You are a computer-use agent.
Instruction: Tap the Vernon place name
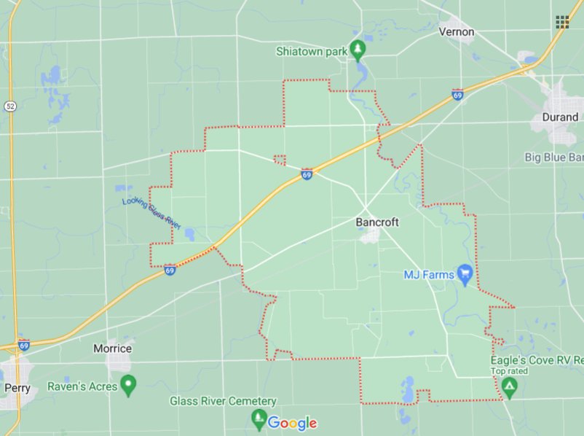click(457, 32)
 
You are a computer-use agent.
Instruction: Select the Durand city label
click(560, 117)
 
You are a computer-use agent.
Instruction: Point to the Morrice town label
click(113, 349)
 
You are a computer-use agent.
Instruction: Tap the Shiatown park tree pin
click(358, 50)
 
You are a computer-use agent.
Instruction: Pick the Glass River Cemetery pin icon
click(259, 419)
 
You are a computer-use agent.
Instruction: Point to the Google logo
click(292, 423)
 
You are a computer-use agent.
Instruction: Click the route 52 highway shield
click(9, 106)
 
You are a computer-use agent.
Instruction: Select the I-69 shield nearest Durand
click(457, 95)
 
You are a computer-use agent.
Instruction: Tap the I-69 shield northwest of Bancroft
click(307, 174)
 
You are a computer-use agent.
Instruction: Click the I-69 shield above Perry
click(24, 345)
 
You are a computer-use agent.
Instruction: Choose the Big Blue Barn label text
click(554, 157)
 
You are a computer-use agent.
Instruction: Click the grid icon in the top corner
click(562, 22)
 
